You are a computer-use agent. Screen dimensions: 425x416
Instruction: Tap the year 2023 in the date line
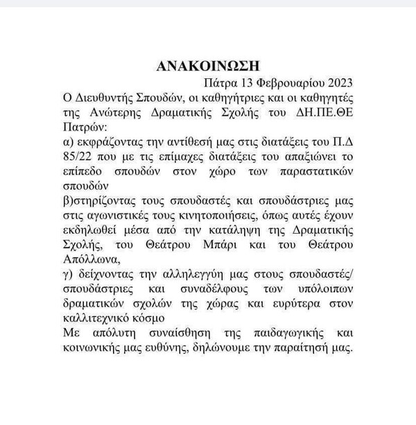point(340,85)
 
